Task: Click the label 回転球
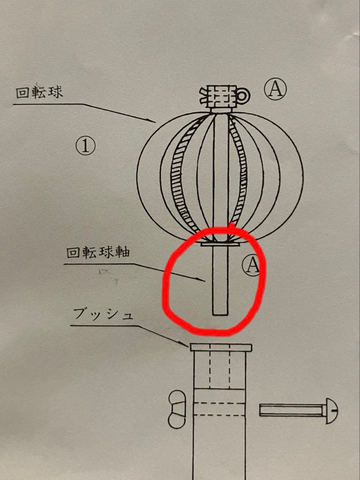tap(40, 93)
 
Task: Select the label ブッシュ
tap(103, 315)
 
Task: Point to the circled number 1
tap(85, 146)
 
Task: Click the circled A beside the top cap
tap(276, 90)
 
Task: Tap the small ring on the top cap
tap(243, 95)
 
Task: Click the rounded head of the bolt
tap(331, 410)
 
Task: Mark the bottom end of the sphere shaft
tap(220, 313)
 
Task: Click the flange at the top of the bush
tap(221, 347)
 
